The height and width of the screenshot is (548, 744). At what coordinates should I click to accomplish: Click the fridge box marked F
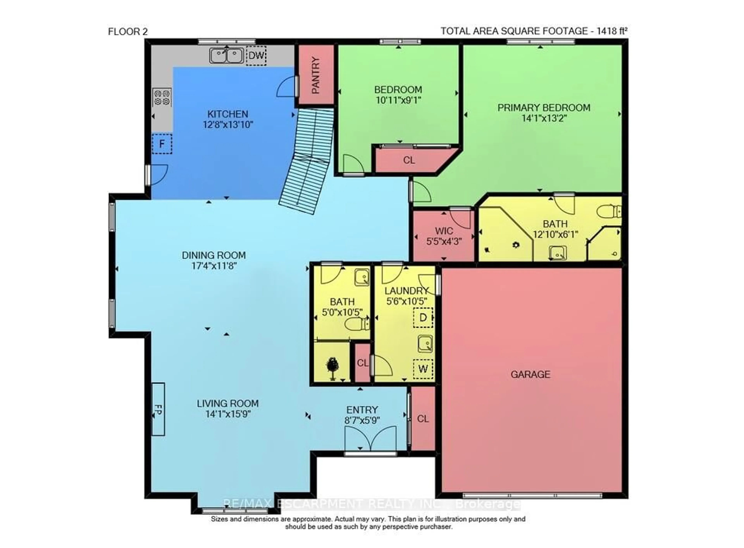162,144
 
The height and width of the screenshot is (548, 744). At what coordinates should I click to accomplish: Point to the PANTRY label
316,75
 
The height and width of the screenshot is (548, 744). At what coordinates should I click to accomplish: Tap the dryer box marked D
423,317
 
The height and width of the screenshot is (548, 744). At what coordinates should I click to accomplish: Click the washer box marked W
423,368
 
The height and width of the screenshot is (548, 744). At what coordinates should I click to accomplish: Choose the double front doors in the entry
370,439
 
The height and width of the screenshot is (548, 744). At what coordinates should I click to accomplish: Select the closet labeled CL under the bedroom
409,160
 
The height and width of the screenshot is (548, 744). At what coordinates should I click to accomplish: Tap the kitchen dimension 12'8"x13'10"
228,125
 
